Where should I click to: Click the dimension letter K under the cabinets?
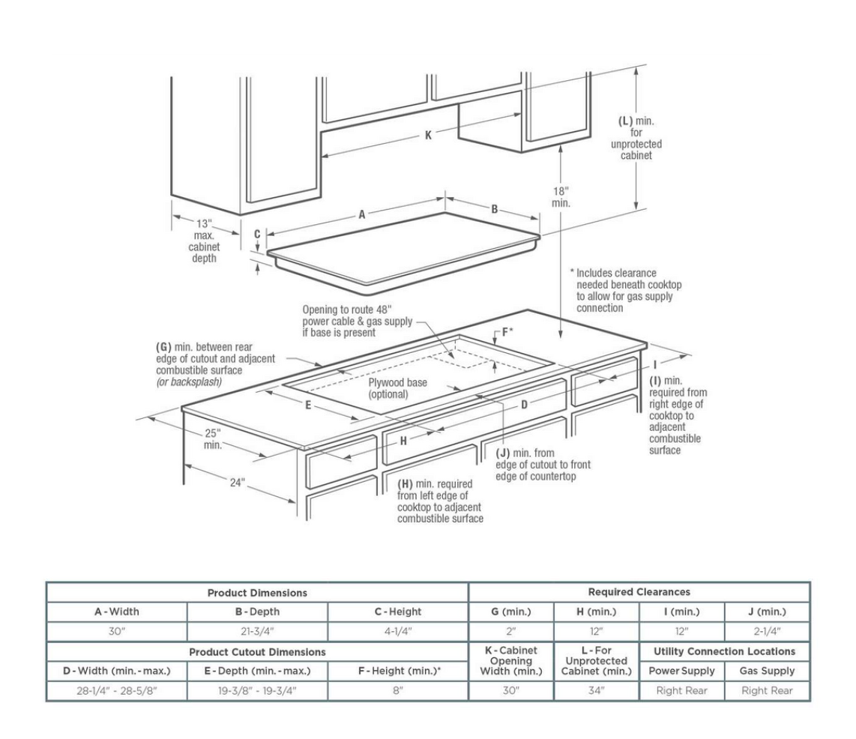click(x=428, y=136)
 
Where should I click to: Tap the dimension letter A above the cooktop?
click(x=361, y=214)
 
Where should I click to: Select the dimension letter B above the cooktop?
click(x=495, y=209)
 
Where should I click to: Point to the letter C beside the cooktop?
click(x=257, y=234)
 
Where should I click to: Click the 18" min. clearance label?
click(x=561, y=196)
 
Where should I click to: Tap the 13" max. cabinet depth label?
click(x=204, y=241)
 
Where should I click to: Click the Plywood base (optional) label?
click(x=397, y=387)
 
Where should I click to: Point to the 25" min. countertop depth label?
click(x=214, y=438)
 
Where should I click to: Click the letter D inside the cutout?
click(x=525, y=404)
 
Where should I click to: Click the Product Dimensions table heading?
click(x=257, y=592)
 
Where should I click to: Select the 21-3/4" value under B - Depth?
click(x=257, y=632)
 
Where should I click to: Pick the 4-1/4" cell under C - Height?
click(x=398, y=632)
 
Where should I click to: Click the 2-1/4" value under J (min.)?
click(x=767, y=632)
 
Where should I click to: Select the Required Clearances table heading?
click(x=639, y=592)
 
